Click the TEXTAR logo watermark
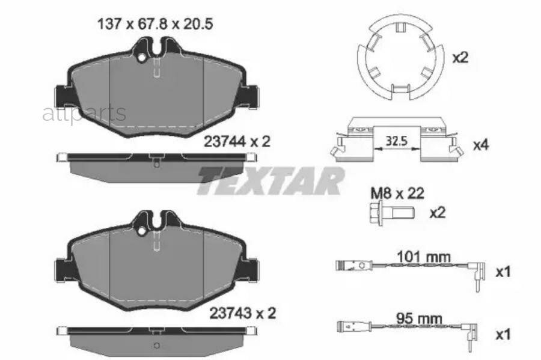coord(270,180)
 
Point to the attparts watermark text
coord(84,112)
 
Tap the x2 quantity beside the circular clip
coord(460,58)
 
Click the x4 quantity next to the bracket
coord(481,145)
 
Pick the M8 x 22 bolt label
coord(397,194)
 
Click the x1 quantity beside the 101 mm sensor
coord(503,272)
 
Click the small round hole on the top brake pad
coord(142,58)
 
